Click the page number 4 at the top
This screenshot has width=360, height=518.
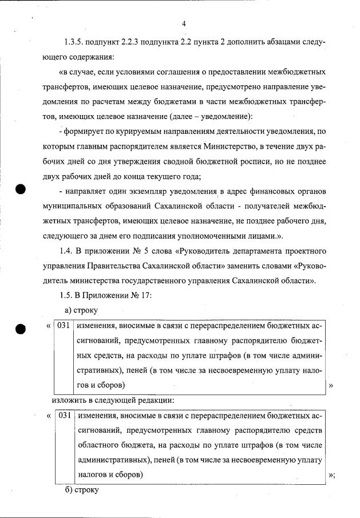coord(184,23)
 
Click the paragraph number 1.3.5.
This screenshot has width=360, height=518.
coord(75,43)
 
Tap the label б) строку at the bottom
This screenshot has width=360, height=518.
coord(82,491)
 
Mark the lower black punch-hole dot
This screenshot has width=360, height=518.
coord(22,329)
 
